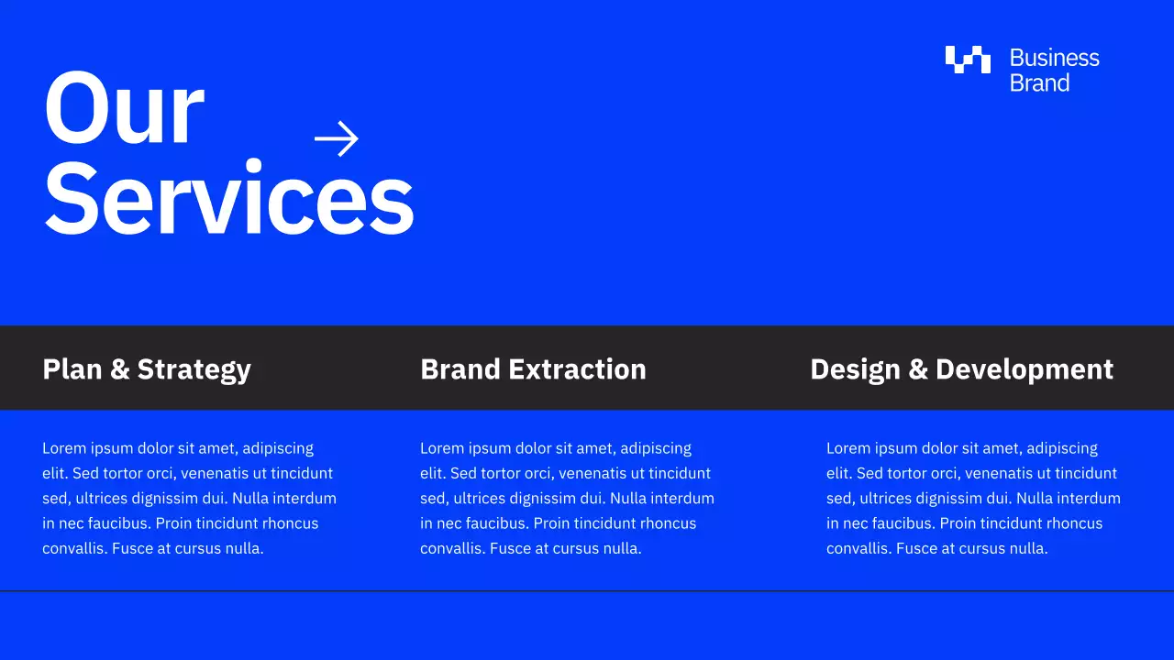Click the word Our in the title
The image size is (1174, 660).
click(x=124, y=110)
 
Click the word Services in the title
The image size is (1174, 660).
click(x=229, y=200)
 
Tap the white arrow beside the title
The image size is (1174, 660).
click(x=337, y=138)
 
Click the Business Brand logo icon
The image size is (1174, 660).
click(x=968, y=60)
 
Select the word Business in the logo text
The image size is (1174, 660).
click(x=1054, y=58)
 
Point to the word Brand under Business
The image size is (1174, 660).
click(x=1039, y=83)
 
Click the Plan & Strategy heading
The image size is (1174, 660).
click(x=147, y=369)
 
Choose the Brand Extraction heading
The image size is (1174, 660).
click(x=533, y=369)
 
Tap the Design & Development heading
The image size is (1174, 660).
click(x=961, y=369)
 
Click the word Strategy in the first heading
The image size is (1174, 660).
click(x=194, y=369)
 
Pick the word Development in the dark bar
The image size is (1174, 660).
click(x=1024, y=369)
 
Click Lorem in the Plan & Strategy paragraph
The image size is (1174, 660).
click(x=63, y=448)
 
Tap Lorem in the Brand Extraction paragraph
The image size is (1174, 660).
click(x=441, y=448)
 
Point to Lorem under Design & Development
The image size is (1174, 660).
click(x=847, y=448)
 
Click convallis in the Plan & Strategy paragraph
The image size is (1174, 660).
click(x=75, y=548)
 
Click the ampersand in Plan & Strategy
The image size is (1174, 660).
click(x=119, y=369)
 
